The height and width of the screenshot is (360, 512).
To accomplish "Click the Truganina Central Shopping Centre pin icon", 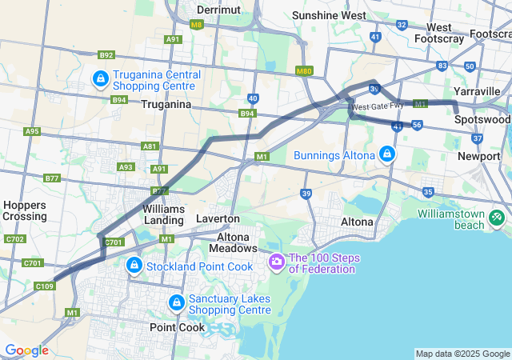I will pyautogui.click(x=101, y=79).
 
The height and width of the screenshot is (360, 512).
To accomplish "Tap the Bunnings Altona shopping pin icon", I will pyautogui.click(x=387, y=154).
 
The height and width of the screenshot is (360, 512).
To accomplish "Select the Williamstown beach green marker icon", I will pyautogui.click(x=496, y=216).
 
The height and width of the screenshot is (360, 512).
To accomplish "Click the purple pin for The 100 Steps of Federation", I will pyautogui.click(x=277, y=261).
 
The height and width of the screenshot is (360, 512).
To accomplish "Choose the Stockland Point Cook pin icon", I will pyautogui.click(x=134, y=265).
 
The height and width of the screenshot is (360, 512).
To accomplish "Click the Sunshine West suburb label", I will pyautogui.click(x=329, y=15).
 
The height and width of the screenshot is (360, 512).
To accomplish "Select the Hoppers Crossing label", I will pyautogui.click(x=24, y=210).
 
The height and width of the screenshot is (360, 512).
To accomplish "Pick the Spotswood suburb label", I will pyautogui.click(x=482, y=119).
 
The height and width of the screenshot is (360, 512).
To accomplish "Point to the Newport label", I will pyautogui.click(x=478, y=156).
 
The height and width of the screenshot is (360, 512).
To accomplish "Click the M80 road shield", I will pyautogui.click(x=302, y=71).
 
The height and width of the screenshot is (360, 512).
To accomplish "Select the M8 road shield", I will pyautogui.click(x=196, y=25).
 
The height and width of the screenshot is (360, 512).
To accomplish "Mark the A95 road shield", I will pyautogui.click(x=32, y=131).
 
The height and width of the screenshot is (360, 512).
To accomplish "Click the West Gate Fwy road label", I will pyautogui.click(x=372, y=106).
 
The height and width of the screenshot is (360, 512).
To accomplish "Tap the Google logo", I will pyautogui.click(x=26, y=350).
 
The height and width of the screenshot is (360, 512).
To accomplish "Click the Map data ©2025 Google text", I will pyautogui.click(x=462, y=354).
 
